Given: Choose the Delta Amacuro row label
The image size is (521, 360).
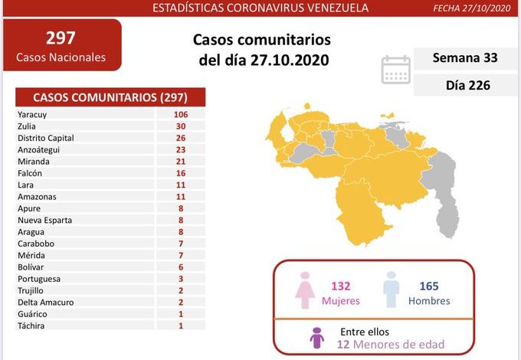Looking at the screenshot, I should [45, 302].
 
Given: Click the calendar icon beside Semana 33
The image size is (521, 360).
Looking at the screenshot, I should [395, 69].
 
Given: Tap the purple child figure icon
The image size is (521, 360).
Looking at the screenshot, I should [316, 337].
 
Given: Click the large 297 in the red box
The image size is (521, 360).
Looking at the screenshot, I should [61, 38].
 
